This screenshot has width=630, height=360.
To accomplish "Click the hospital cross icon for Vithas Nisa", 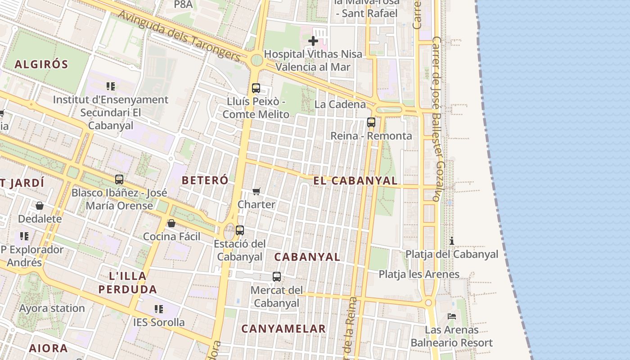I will click(313, 41).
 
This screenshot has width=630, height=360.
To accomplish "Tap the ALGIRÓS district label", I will click(41, 64).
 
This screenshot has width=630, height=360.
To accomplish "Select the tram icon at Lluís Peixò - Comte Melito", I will click(256, 88).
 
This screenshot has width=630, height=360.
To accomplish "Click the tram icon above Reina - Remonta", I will click(371, 122).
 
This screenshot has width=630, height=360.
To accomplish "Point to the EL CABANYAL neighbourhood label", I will click(355, 181).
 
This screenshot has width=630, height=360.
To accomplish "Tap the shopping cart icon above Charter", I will click(256, 191).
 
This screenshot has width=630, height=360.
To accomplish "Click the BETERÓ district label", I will click(205, 180).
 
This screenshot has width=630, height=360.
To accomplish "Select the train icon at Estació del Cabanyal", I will click(240, 230).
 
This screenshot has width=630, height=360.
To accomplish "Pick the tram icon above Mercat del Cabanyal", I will click(277, 277).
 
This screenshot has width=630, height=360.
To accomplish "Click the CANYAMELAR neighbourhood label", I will click(283, 329).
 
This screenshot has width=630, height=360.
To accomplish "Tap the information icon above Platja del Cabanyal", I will click(452, 241).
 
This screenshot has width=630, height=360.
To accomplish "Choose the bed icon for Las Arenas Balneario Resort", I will click(452, 316).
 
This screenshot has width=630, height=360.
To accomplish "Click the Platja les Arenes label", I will click(419, 274).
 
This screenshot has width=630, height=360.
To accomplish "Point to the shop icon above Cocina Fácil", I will click(171, 223).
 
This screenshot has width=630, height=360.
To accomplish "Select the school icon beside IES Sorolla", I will click(158, 309).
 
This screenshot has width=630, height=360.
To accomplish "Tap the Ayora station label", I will click(52, 309).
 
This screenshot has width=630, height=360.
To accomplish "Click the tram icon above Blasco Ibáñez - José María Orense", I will click(119, 180).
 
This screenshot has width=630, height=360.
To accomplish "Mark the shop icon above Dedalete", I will click(40, 206).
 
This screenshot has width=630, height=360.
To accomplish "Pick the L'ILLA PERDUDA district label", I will click(128, 283).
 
